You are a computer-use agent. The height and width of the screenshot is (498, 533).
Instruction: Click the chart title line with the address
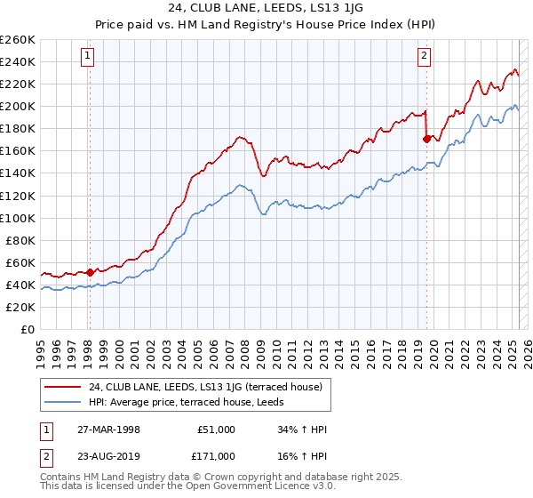click(266, 8)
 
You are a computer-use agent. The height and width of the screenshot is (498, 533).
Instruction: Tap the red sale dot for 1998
click(90, 272)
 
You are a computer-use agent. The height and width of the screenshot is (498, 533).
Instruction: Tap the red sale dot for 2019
click(427, 138)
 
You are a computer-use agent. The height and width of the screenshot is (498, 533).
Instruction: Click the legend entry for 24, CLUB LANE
click(211, 386)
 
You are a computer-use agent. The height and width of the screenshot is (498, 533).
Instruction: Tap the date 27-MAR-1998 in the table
click(109, 430)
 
